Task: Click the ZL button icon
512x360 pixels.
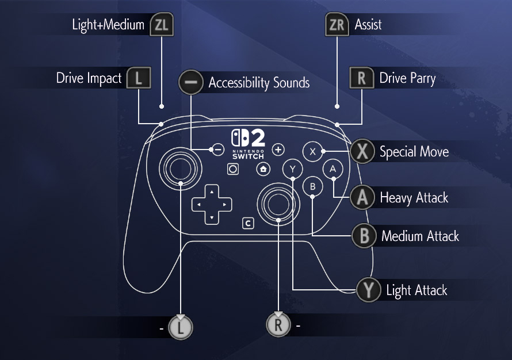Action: [x=161, y=25]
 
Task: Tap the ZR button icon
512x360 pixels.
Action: [x=337, y=25]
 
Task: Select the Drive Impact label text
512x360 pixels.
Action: [x=89, y=78]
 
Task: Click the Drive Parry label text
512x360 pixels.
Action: [x=407, y=78]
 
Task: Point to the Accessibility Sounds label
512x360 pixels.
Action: [x=259, y=83]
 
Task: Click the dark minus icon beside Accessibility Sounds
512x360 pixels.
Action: [x=191, y=83]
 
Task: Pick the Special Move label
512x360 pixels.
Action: [x=414, y=152]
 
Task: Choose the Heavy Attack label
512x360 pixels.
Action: [x=414, y=198]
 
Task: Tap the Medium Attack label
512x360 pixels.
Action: [x=420, y=236]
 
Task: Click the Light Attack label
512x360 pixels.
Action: [x=417, y=290]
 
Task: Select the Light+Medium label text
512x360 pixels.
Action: [x=108, y=25]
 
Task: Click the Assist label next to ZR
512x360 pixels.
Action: [x=368, y=25]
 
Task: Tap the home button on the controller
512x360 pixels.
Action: [x=263, y=169]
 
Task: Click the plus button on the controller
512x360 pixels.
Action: [x=278, y=150]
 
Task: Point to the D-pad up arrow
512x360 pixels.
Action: [x=212, y=191]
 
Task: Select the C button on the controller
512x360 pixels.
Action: [x=249, y=223]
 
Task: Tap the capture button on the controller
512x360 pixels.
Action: [x=233, y=169]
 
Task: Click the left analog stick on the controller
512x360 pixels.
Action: [x=181, y=168]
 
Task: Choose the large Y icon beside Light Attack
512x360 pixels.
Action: [x=368, y=290]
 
